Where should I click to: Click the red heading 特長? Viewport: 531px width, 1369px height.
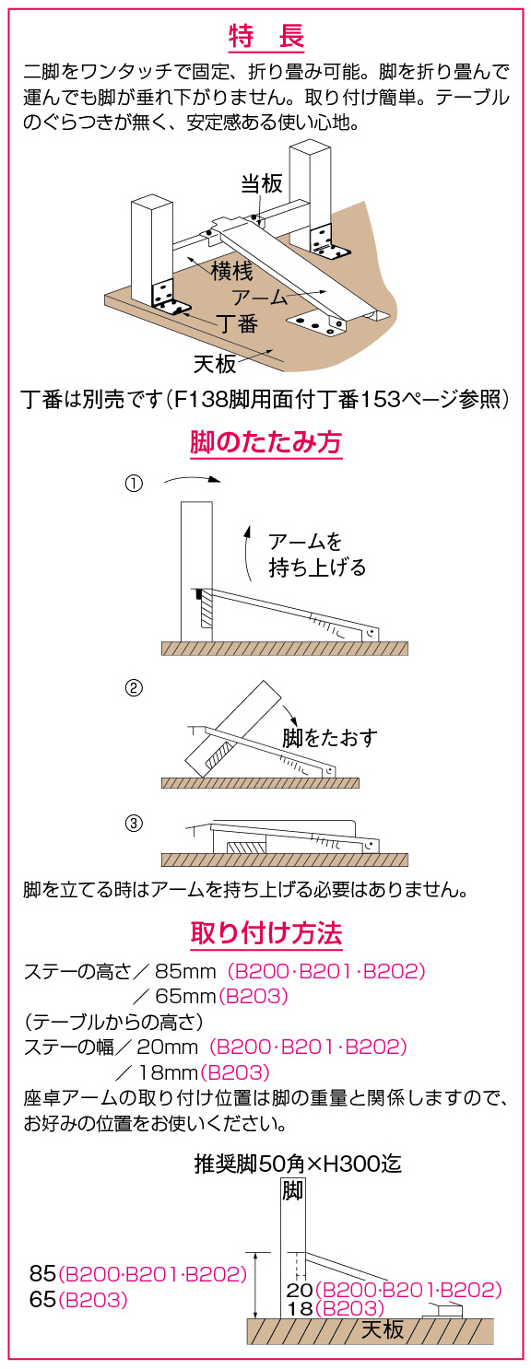[266, 37]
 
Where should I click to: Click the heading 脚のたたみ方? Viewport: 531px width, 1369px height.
[265, 442]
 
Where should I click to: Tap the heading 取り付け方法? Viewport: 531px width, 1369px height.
[266, 933]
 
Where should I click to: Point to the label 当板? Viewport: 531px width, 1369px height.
[262, 182]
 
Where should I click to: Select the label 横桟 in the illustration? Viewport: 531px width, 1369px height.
[231, 270]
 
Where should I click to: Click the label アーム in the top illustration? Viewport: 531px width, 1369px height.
[260, 297]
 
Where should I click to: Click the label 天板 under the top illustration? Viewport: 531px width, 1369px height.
[215, 364]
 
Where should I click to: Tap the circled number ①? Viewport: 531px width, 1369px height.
[134, 484]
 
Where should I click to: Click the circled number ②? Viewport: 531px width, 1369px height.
[134, 688]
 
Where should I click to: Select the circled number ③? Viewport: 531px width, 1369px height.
[134, 824]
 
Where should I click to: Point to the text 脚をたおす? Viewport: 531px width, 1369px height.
[330, 738]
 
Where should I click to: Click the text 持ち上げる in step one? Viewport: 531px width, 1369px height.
[317, 567]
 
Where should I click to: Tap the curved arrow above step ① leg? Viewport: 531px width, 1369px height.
[192, 478]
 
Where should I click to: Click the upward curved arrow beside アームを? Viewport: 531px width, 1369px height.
[247, 551]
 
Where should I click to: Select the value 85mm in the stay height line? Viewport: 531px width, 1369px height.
[185, 971]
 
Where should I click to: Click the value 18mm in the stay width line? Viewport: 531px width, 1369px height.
[168, 1072]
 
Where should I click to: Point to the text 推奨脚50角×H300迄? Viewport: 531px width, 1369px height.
[298, 1164]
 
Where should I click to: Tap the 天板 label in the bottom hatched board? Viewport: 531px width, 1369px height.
[383, 1329]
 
